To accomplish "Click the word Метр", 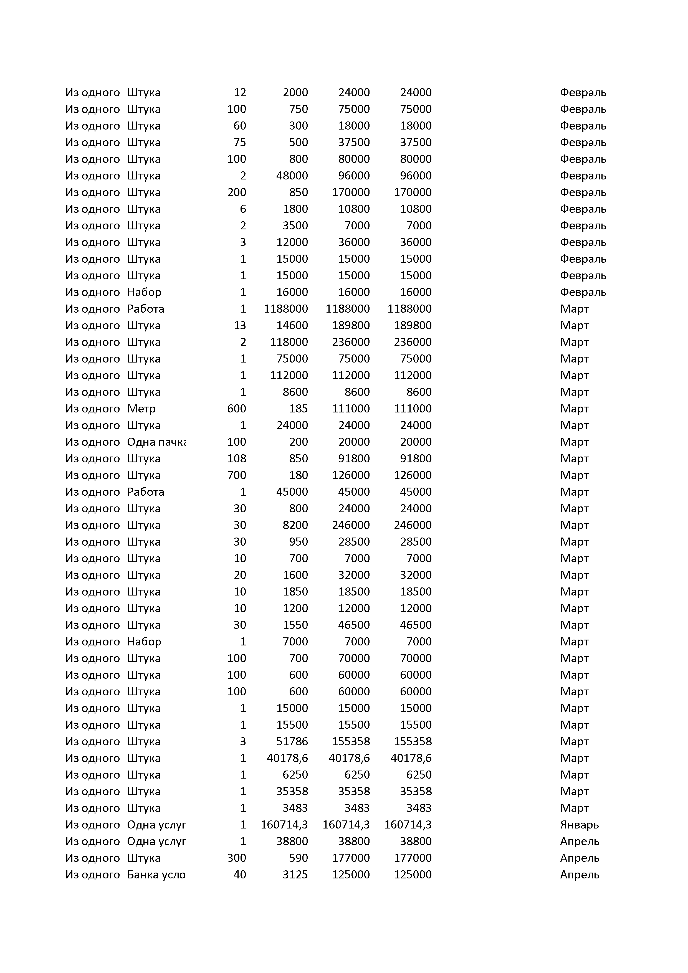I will click(x=141, y=409).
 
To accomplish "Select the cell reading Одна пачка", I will click(x=156, y=442).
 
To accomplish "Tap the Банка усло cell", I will click(x=156, y=875).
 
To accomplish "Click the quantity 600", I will click(x=237, y=409).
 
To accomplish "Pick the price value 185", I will click(x=299, y=409).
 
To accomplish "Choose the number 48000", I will click(x=292, y=176).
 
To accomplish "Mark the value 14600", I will click(x=292, y=325).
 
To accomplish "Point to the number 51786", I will click(x=292, y=742).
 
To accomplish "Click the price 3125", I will click(x=295, y=875).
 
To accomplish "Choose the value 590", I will click(x=299, y=858).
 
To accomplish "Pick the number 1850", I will click(x=295, y=592).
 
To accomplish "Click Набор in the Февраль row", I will click(x=144, y=292).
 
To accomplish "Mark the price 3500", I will click(x=295, y=225).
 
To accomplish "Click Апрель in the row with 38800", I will click(x=580, y=841).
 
